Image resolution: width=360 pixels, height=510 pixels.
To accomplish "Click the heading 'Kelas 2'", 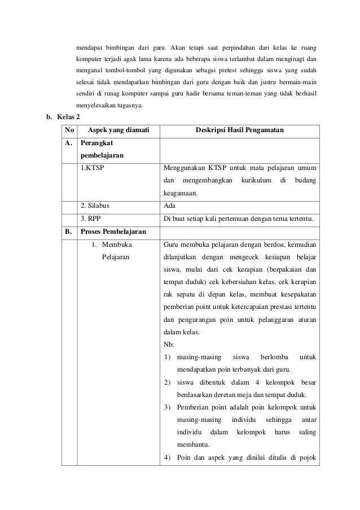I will [x=65, y=117].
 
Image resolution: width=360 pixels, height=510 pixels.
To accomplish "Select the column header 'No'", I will [x=69, y=131].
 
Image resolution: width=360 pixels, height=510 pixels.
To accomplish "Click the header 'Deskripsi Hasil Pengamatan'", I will [x=239, y=131].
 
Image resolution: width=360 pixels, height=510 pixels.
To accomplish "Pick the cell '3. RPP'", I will [x=91, y=219].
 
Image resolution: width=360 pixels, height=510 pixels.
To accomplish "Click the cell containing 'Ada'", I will [x=169, y=207].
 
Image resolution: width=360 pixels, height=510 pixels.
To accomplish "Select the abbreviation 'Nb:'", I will [x=168, y=345].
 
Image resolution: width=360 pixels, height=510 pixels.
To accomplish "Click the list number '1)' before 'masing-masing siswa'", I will [x=168, y=358].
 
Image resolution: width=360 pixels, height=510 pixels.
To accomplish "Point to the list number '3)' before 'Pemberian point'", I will [x=168, y=407].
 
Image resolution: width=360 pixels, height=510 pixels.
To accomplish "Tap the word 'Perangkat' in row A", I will [x=97, y=143].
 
